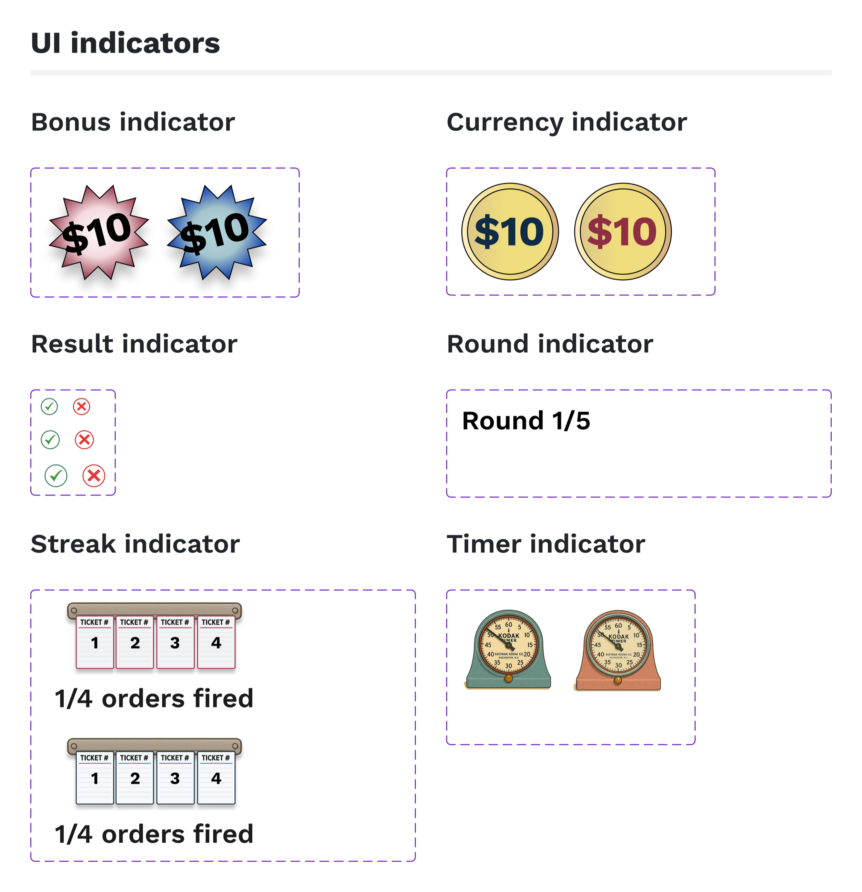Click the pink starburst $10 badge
98,232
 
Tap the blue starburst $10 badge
216,232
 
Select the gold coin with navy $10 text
510,231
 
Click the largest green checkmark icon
56,475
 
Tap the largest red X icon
94,475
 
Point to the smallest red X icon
81,407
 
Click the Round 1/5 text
526,421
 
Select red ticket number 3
175,642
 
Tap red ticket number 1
95,642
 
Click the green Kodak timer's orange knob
508,679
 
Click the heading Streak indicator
135,544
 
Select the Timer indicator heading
546,544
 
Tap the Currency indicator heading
567,122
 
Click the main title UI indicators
125,43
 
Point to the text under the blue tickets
154,834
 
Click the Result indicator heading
134,344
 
